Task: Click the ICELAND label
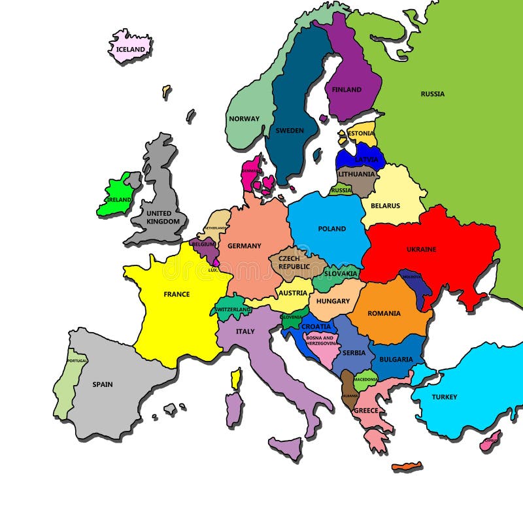(x=130, y=50)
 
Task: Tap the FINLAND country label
(x=346, y=90)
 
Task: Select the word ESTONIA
(x=362, y=133)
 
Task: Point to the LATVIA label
(x=366, y=159)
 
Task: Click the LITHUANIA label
(x=357, y=174)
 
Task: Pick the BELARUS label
(x=385, y=206)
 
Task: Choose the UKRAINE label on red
(x=421, y=249)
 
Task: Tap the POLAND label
(x=332, y=229)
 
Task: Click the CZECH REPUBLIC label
(x=294, y=263)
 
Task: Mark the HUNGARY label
(x=333, y=301)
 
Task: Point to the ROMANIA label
(x=384, y=313)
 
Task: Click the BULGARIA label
(x=396, y=359)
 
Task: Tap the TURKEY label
(x=445, y=397)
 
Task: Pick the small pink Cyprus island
(x=490, y=441)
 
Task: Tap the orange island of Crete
(x=407, y=466)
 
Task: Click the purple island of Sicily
(x=285, y=448)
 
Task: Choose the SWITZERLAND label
(x=233, y=309)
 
